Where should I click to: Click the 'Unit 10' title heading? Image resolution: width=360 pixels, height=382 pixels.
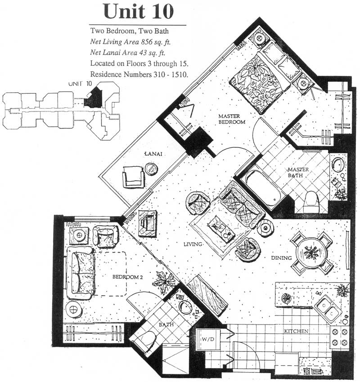(x=139, y=11)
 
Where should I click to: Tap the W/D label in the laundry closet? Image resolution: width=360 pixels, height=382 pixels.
(x=208, y=339)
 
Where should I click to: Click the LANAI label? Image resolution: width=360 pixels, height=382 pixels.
(x=153, y=154)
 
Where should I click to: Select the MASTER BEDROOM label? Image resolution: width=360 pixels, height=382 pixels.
(x=232, y=119)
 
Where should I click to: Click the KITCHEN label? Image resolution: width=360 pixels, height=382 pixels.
(x=296, y=331)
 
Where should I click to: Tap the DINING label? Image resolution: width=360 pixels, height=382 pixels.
(x=281, y=258)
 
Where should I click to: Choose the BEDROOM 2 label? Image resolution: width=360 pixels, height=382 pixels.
(x=127, y=277)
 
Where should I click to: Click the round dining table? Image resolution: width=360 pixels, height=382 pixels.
(x=310, y=253)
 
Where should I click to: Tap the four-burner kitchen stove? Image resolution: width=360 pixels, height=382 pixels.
(x=340, y=337)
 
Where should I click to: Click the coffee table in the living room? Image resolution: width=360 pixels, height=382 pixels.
(x=221, y=229)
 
